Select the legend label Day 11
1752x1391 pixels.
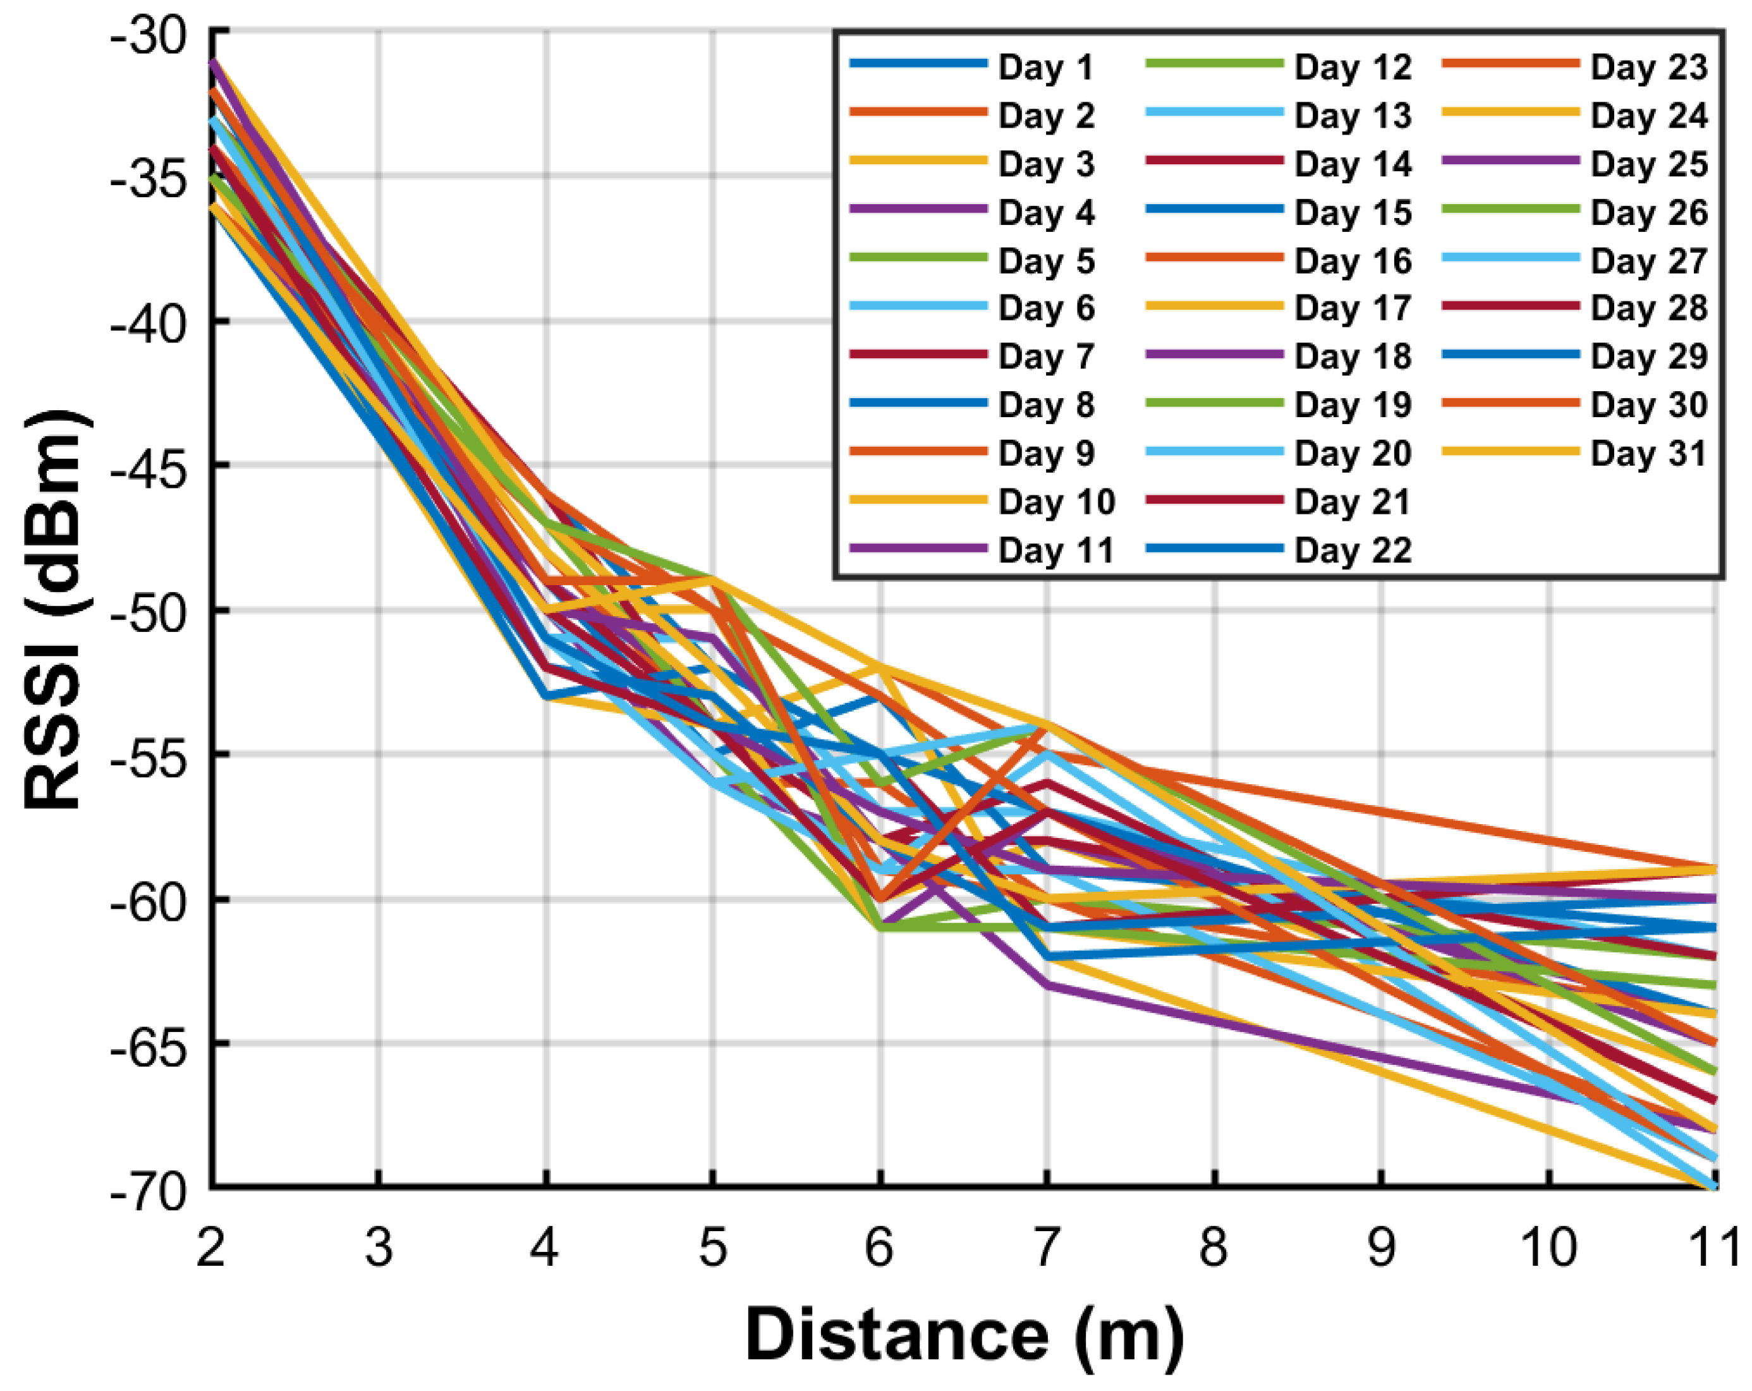(x=1055, y=551)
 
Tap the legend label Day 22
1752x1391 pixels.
(x=1352, y=551)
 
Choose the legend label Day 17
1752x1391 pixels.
(x=1352, y=309)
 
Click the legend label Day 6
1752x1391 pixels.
(x=1046, y=309)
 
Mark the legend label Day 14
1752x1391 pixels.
(x=1352, y=164)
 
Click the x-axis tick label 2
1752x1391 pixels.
(x=211, y=1247)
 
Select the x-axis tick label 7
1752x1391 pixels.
(x=1047, y=1247)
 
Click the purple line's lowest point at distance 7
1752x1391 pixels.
(x=1047, y=984)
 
